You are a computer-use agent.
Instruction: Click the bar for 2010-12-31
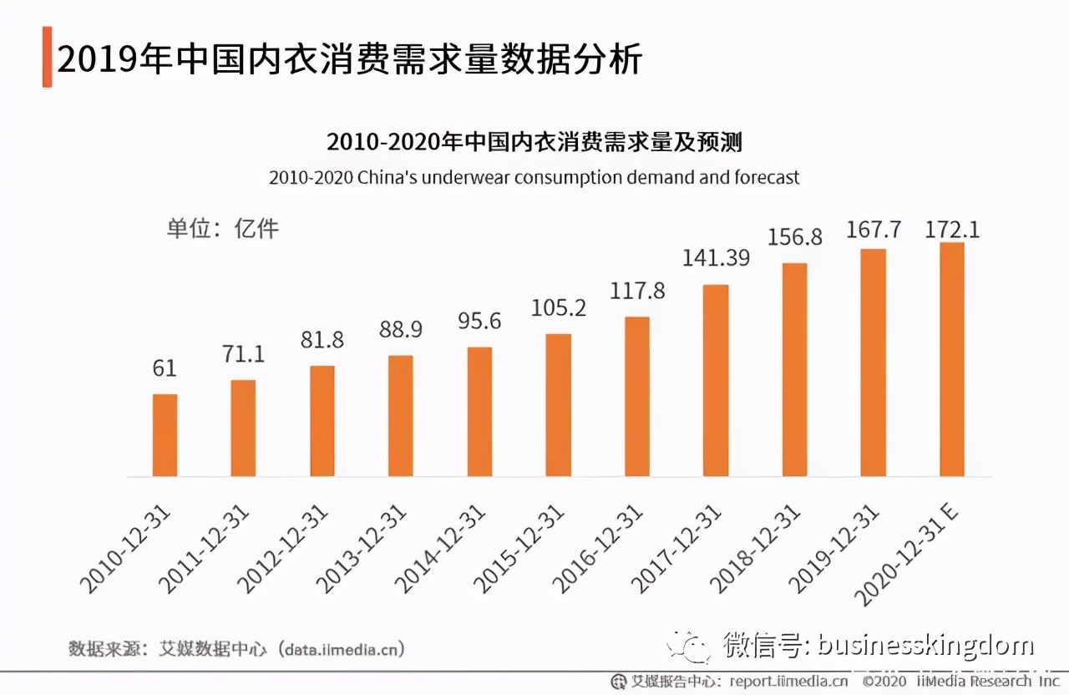click(x=165, y=435)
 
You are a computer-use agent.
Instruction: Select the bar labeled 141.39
click(x=716, y=381)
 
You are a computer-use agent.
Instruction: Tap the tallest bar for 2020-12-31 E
click(x=952, y=360)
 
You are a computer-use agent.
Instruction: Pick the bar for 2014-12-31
click(x=479, y=412)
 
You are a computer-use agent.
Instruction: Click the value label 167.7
click(x=874, y=230)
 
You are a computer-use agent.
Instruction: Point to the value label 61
click(x=165, y=368)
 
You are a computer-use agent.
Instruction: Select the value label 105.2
click(x=559, y=308)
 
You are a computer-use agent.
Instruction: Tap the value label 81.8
click(x=322, y=340)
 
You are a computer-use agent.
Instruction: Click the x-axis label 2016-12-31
click(x=598, y=547)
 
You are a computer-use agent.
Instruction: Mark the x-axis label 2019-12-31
click(x=834, y=547)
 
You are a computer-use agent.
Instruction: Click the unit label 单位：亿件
click(x=222, y=228)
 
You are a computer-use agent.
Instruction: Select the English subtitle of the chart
click(x=534, y=178)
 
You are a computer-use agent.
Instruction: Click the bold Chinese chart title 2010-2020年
click(x=534, y=142)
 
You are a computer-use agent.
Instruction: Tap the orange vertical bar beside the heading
click(x=47, y=57)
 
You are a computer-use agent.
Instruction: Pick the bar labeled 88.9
click(x=401, y=416)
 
